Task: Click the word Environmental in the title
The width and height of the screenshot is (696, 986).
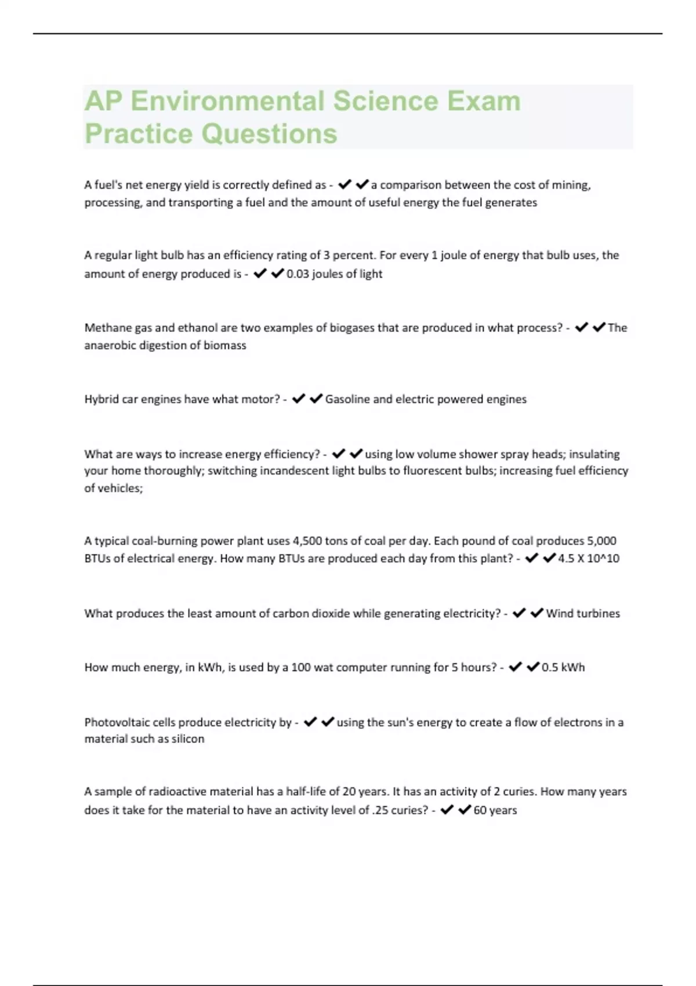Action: pyautogui.click(x=227, y=101)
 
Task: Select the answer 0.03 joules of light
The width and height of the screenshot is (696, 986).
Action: pyautogui.click(x=335, y=274)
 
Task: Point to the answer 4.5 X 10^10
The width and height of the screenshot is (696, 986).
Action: pyautogui.click(x=588, y=559)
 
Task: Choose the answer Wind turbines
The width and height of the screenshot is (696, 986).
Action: pyautogui.click(x=583, y=614)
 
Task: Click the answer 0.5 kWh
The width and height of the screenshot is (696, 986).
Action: pyautogui.click(x=563, y=668)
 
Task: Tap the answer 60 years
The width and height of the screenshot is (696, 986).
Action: pyautogui.click(x=495, y=810)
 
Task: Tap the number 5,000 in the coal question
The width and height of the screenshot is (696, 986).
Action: pyautogui.click(x=601, y=541)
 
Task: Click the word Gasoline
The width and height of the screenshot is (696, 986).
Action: pyautogui.click(x=347, y=399)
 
